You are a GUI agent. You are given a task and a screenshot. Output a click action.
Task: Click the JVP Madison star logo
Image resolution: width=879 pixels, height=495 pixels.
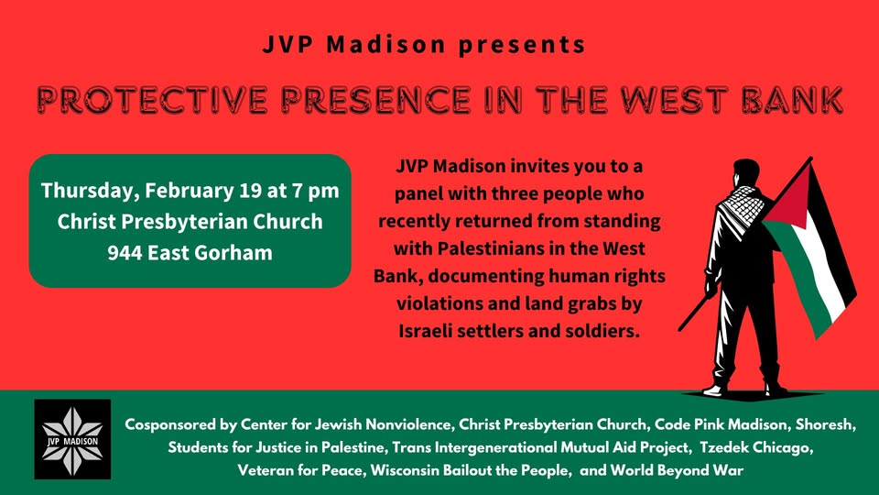pos(72,439)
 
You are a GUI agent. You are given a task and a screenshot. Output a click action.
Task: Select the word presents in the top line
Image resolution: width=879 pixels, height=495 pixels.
pos(522,44)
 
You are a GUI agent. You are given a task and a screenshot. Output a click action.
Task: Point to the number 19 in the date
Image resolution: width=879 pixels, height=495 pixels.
pos(250,191)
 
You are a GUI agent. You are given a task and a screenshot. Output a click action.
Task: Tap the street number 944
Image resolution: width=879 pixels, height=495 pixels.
pos(125,253)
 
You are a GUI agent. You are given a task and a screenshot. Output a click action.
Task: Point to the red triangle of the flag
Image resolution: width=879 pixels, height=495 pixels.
pos(789,198)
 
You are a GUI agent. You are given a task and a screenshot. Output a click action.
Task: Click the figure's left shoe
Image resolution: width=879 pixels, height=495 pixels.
pos(716,389)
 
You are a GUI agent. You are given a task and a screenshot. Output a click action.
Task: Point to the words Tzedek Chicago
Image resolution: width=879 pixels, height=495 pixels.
pos(756,447)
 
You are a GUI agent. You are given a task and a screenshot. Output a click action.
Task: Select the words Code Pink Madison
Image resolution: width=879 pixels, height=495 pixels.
pos(721,424)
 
